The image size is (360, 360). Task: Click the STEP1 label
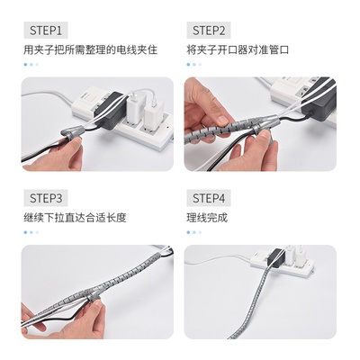(46, 31)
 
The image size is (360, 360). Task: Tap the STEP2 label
(209, 31)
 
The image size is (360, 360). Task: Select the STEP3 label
(46, 198)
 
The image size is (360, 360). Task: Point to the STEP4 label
(209, 198)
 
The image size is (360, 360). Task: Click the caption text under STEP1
(90, 49)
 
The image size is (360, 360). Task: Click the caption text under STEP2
(238, 49)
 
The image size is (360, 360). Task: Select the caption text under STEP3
(75, 218)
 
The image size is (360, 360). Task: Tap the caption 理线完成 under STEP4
(207, 218)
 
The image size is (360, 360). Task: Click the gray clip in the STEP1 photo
(71, 133)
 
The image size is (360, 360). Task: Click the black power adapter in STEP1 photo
(110, 110)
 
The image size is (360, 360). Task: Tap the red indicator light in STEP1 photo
(166, 127)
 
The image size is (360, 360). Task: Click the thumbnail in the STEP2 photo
(222, 121)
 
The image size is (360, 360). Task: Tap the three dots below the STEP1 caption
(31, 64)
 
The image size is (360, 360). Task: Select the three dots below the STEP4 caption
(194, 232)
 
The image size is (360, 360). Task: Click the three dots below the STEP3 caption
(31, 232)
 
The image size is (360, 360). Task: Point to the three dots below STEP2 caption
(194, 64)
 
